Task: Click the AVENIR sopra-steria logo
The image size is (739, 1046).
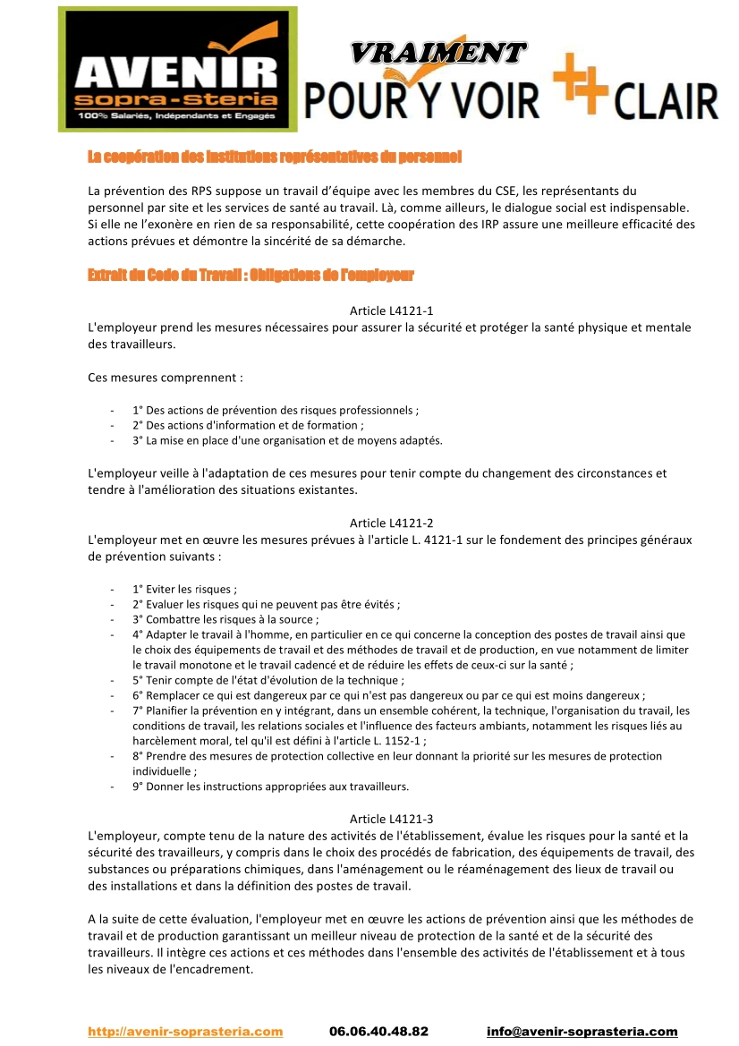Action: [x=177, y=70]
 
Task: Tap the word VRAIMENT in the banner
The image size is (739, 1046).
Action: [x=438, y=53]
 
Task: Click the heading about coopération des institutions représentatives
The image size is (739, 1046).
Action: [x=274, y=157]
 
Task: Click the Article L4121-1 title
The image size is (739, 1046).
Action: [x=391, y=310]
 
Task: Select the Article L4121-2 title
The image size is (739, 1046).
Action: [x=391, y=523]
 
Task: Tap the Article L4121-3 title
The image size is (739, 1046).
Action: [x=391, y=819]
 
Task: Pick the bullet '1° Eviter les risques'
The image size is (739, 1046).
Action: [x=184, y=590]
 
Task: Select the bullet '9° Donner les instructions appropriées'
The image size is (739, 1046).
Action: [x=270, y=787]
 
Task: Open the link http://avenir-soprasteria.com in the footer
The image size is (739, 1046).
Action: [x=185, y=1031]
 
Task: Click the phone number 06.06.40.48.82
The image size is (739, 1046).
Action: [x=378, y=1031]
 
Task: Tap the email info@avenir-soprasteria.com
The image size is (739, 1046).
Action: [x=582, y=1031]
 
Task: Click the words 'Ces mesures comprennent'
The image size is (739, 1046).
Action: [x=166, y=378]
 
